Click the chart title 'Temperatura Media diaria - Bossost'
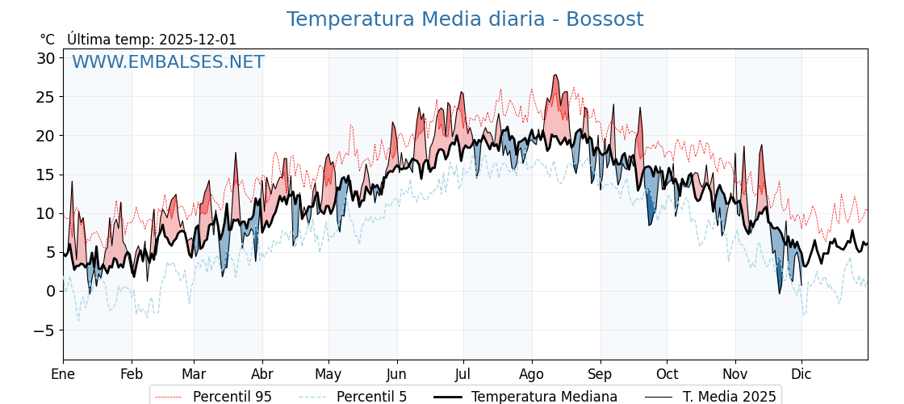click(x=465, y=19)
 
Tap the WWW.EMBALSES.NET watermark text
click(x=168, y=62)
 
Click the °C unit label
click(x=47, y=40)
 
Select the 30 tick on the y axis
click(x=45, y=58)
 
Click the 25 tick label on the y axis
click(x=45, y=97)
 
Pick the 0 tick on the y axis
click(x=50, y=291)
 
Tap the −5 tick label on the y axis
click(x=44, y=330)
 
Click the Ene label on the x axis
click(x=63, y=374)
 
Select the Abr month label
click(x=262, y=374)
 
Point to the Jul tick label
click(x=463, y=374)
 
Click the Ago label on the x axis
click(x=532, y=374)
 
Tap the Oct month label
click(x=667, y=374)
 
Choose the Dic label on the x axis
click(x=801, y=374)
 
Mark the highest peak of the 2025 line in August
click(x=555, y=75)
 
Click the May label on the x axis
click(x=329, y=374)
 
